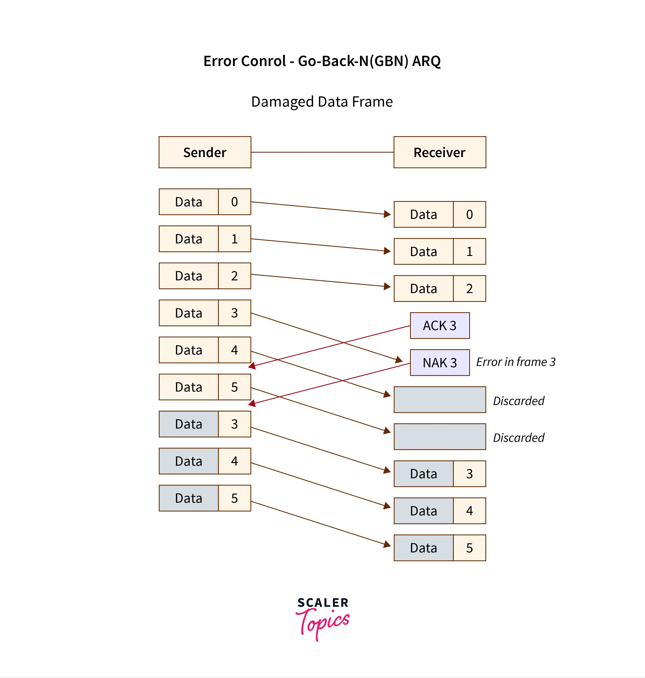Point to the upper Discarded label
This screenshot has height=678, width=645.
pos(518,401)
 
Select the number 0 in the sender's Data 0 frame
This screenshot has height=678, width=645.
pos(234,202)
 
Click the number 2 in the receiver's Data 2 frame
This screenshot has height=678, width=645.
pos(469,289)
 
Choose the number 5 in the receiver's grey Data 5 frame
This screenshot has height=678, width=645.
pos(469,548)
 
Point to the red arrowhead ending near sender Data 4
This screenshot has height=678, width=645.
pos(252,366)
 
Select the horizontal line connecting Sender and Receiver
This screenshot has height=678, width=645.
pos(322,152)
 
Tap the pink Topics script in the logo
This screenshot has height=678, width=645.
pos(323,622)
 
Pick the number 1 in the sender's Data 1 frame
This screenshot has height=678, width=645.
pos(234,239)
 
